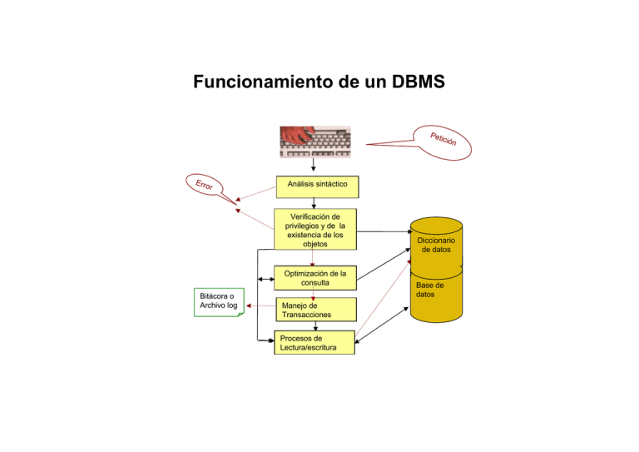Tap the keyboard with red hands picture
pos(315,142)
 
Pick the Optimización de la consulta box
pos(315,278)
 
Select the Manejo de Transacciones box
pos(315,310)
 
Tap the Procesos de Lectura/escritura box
pos(314,343)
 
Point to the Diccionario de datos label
pos(436,243)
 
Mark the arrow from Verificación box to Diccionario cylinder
pos(383,231)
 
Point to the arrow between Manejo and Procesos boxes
pos(315,326)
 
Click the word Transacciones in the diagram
pos(306,315)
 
